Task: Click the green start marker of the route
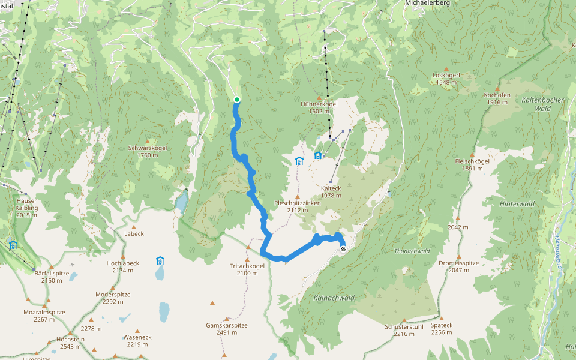[237, 100]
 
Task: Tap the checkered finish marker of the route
[343, 248]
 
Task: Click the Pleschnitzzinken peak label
[296, 206]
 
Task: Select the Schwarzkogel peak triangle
[148, 141]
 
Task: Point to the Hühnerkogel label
[319, 107]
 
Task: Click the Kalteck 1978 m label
[331, 191]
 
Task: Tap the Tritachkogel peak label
[247, 269]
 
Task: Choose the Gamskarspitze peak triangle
[226, 319]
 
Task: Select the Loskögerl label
[446, 79]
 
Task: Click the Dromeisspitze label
[458, 266]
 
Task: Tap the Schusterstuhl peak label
[404, 330]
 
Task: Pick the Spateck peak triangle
[441, 319]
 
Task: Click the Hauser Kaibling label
[26, 208]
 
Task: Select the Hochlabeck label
[122, 266]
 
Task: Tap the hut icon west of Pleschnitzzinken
[299, 161]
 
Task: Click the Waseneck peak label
[137, 340]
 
